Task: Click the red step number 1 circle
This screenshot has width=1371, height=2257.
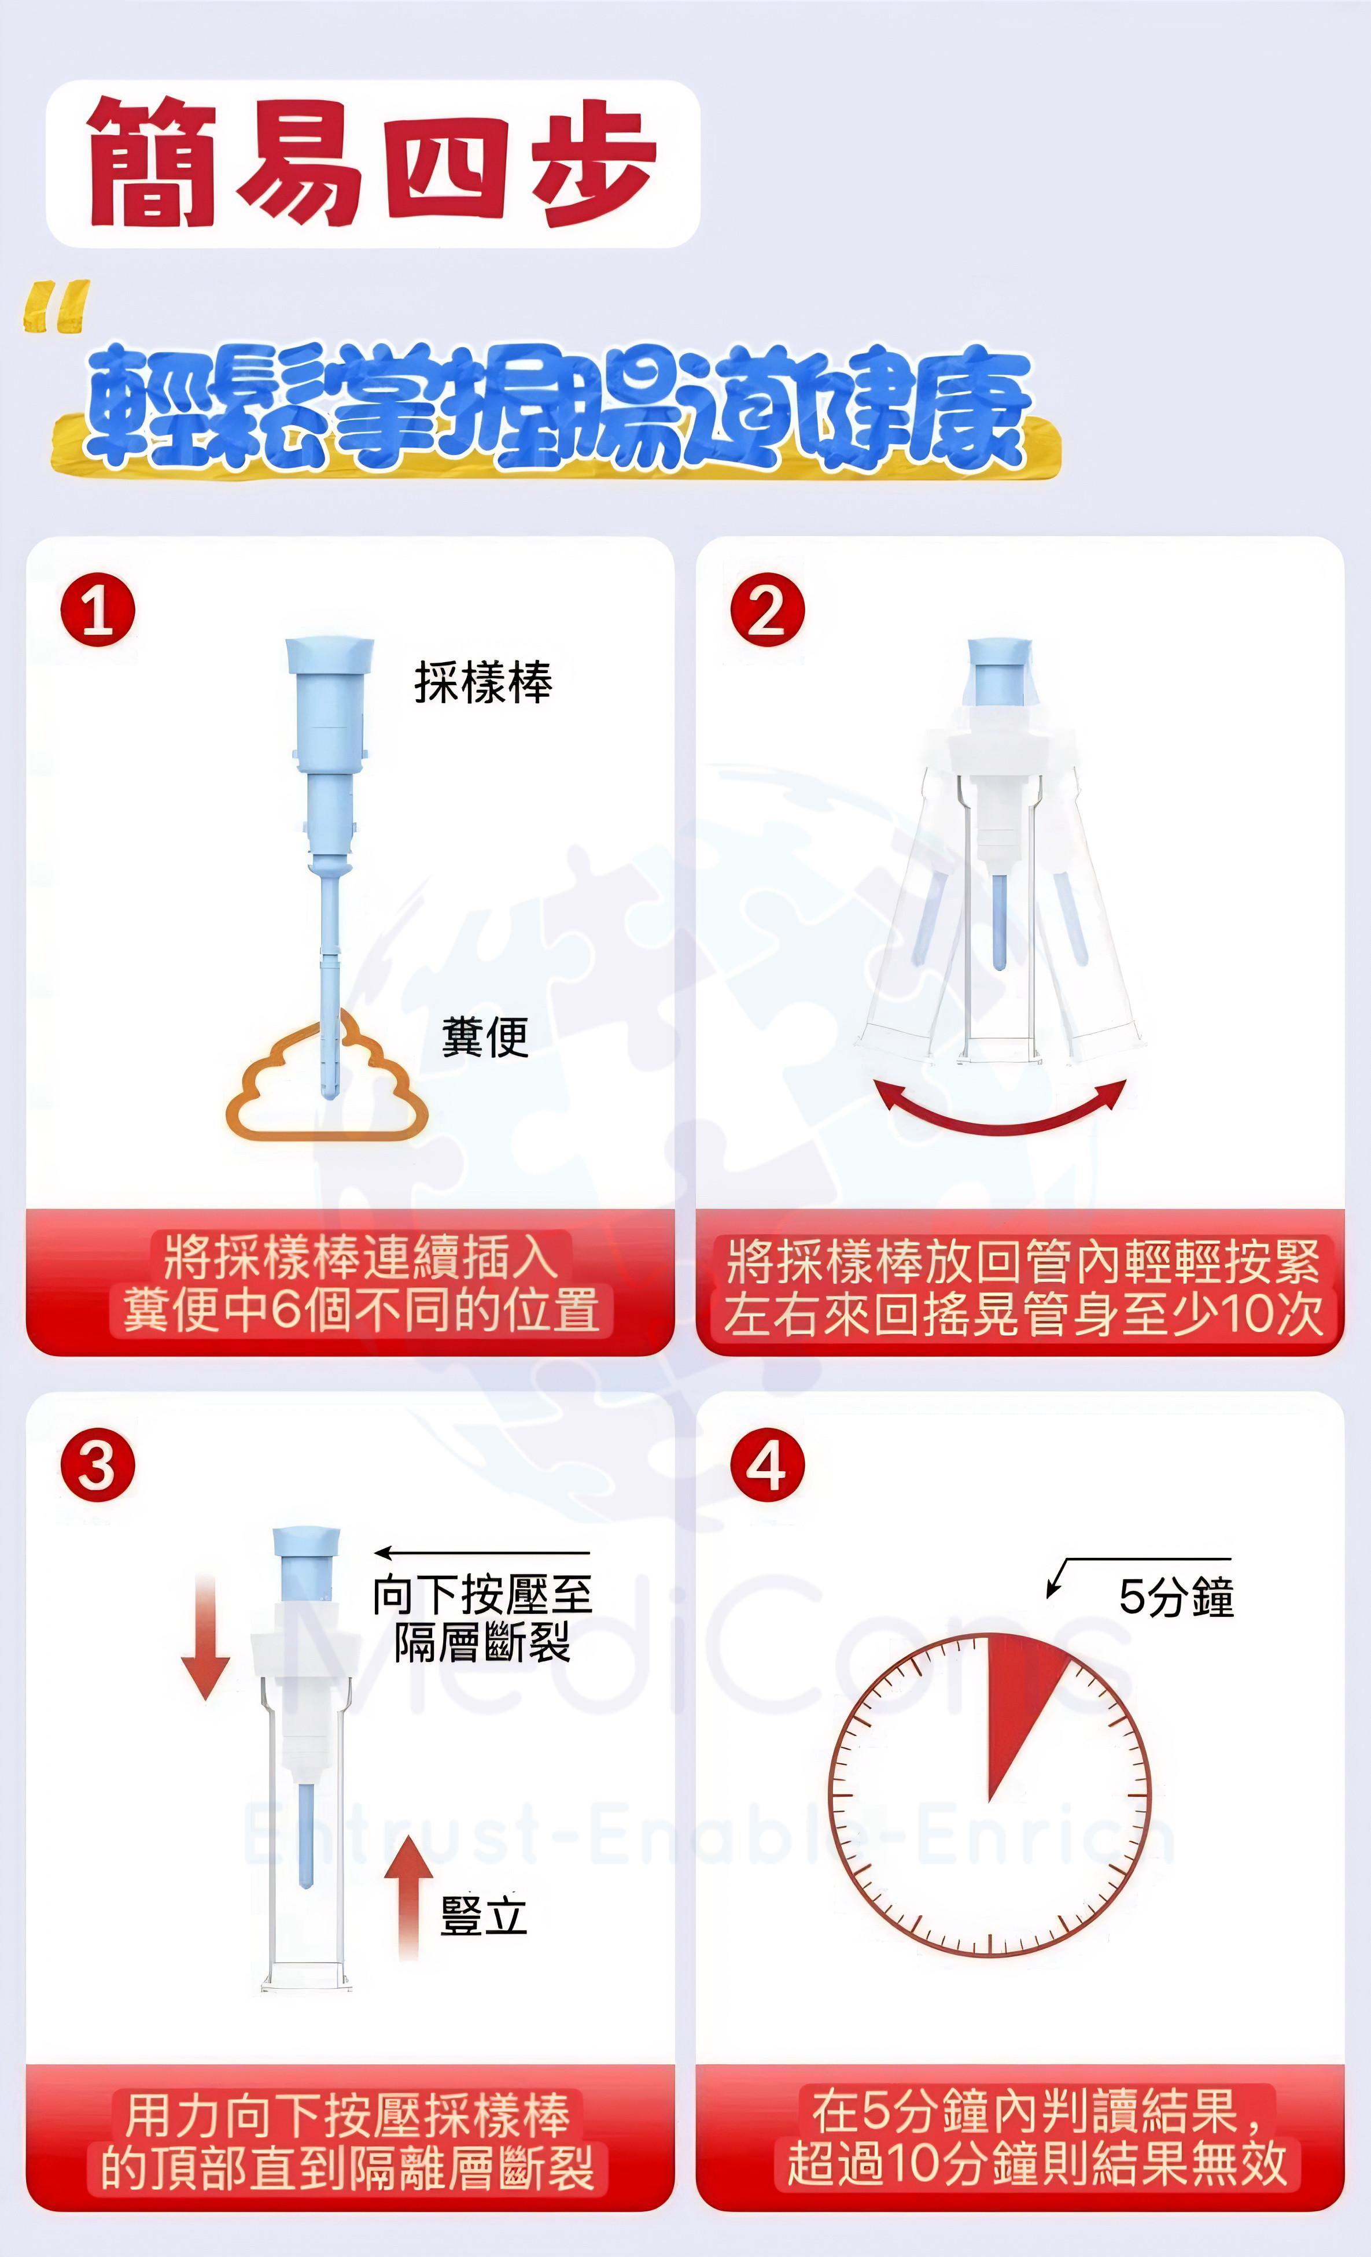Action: (x=98, y=610)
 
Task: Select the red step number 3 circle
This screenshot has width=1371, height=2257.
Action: (x=98, y=1465)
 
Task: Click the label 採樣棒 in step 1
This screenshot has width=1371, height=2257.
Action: (x=483, y=682)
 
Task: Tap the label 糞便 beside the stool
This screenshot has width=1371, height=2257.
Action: (x=485, y=1037)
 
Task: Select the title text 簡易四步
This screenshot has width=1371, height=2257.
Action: (x=372, y=163)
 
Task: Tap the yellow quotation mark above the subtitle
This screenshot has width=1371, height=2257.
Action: (x=57, y=306)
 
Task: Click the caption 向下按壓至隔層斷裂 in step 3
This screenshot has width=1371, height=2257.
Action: (x=482, y=1619)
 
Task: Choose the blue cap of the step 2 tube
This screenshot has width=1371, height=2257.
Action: (x=1000, y=673)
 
